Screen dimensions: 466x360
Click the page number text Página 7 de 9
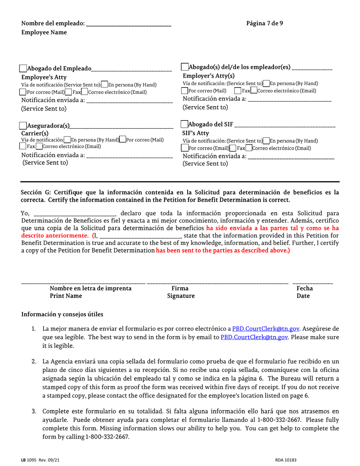pos(264,23)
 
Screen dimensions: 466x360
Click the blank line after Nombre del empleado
pos(128,24)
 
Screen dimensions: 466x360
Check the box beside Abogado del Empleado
pos(23,69)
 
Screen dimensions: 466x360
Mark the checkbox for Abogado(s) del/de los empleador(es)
pos(185,67)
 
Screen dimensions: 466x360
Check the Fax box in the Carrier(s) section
pos(23,146)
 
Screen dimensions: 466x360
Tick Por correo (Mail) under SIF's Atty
pos(185,148)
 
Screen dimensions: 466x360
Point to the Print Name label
pos(66,296)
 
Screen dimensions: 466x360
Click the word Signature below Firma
pos(181,296)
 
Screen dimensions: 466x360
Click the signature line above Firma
pos(217,283)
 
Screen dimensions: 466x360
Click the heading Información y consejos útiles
pos(62,314)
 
